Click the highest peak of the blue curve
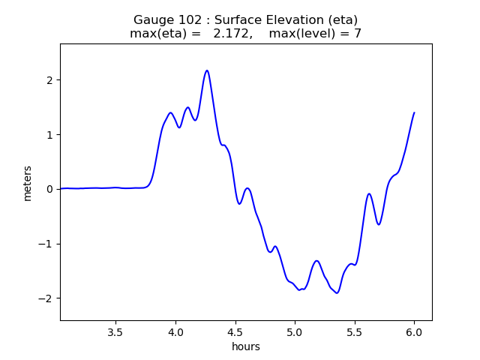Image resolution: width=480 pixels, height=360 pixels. pyautogui.click(x=207, y=70)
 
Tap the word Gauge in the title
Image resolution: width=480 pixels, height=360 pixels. pyautogui.click(x=152, y=20)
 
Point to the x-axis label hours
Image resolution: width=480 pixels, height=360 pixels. pyautogui.click(x=246, y=346)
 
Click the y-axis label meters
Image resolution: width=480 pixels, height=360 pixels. pyautogui.click(x=28, y=184)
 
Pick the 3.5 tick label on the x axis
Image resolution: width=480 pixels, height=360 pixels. pyautogui.click(x=115, y=332)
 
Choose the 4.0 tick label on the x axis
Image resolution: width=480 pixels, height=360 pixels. pyautogui.click(x=175, y=332)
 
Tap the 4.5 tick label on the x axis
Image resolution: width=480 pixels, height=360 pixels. pyautogui.click(x=235, y=332)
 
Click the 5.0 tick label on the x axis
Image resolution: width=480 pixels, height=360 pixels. pyautogui.click(x=295, y=332)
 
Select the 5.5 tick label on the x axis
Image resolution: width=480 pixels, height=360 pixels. pyautogui.click(x=355, y=332)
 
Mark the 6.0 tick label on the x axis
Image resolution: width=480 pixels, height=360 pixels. pyautogui.click(x=414, y=332)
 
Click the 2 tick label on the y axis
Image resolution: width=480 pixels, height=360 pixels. pyautogui.click(x=49, y=80)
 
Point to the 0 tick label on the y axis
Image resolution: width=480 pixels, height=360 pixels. pyautogui.click(x=49, y=190)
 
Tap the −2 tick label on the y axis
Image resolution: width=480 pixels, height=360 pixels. pyautogui.click(x=45, y=298)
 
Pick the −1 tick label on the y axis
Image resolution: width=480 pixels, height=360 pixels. pyautogui.click(x=45, y=244)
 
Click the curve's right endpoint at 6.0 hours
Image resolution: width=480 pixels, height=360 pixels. pyautogui.click(x=414, y=112)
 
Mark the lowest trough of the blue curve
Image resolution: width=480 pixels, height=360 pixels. pyautogui.click(x=337, y=293)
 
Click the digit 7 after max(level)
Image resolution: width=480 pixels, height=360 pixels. pyautogui.click(x=358, y=33)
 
